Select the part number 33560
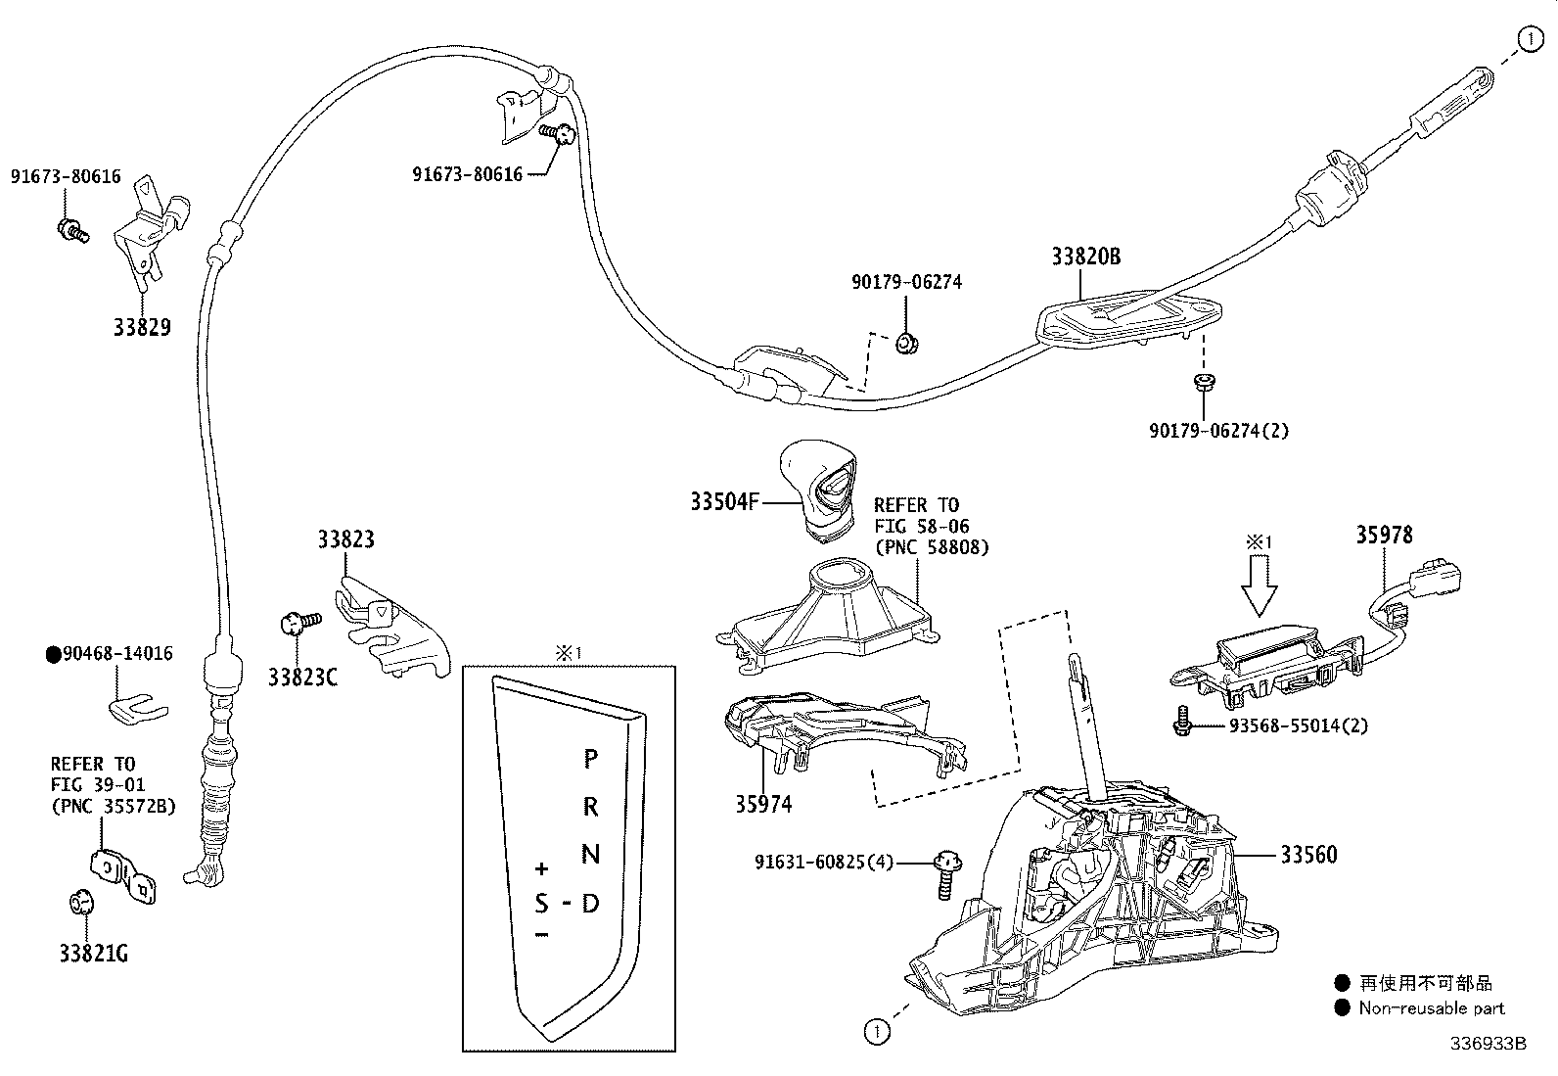click(x=1308, y=855)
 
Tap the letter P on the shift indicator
click(x=590, y=758)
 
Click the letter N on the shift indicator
click(x=590, y=854)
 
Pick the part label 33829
click(x=142, y=327)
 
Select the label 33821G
click(x=93, y=953)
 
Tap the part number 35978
click(x=1384, y=536)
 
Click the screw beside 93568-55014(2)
click(x=1181, y=723)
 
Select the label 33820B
click(x=1085, y=257)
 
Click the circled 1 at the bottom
click(x=876, y=1031)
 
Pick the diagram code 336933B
click(x=1488, y=1044)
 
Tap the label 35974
click(x=763, y=804)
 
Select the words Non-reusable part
click(x=1431, y=1007)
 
